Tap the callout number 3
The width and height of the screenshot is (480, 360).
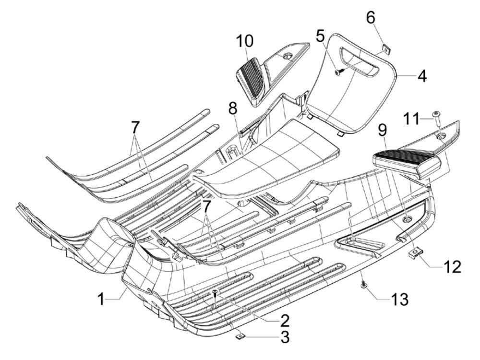285,337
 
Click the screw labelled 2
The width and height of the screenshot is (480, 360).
216,292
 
